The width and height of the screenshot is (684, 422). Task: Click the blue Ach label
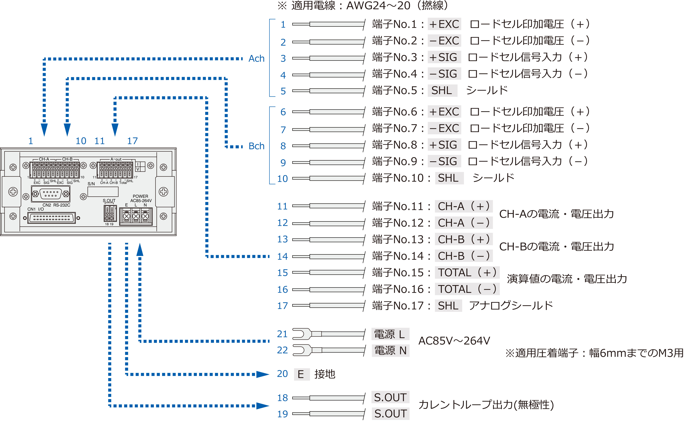click(x=256, y=59)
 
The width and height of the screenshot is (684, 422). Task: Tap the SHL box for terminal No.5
click(x=442, y=90)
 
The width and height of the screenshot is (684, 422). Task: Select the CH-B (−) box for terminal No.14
click(x=463, y=256)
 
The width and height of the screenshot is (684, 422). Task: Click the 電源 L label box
click(x=390, y=334)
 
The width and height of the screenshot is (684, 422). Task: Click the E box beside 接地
click(x=301, y=374)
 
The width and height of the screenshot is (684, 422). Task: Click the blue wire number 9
click(x=283, y=162)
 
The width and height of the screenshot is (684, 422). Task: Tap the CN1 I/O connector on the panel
click(x=52, y=218)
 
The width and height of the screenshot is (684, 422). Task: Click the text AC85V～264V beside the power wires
click(x=454, y=341)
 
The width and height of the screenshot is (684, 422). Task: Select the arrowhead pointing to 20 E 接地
click(x=262, y=374)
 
